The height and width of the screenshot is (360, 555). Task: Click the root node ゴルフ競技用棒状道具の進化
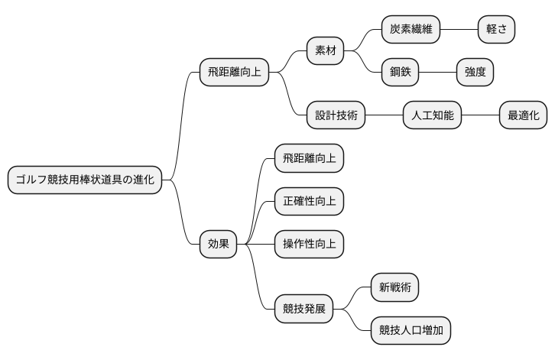pos(85,180)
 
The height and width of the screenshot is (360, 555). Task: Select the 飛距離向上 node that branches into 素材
pos(235,73)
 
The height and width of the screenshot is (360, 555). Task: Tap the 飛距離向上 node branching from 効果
pos(309,159)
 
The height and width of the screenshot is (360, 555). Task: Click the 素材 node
pos(325,51)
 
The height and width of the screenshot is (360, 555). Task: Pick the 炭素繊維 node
pos(411,30)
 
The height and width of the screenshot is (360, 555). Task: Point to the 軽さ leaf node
pos(496,30)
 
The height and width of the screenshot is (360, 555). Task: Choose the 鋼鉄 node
pos(401,73)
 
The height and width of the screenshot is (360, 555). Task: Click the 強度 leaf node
pos(475,73)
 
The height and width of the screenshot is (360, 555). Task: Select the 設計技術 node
pos(336,116)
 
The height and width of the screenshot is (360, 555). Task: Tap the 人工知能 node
pos(432,116)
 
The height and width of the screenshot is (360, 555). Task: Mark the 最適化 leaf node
pos(523,116)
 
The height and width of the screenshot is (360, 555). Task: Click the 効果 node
pos(218,245)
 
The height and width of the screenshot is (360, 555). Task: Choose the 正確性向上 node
pos(309,202)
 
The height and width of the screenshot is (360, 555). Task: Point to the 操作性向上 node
pos(309,245)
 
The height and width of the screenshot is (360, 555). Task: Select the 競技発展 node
pos(303,309)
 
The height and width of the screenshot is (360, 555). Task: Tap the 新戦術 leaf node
pos(394,287)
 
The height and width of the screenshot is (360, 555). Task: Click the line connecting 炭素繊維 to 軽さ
pos(458,30)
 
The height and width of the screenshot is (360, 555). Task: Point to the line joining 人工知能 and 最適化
pos(480,116)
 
